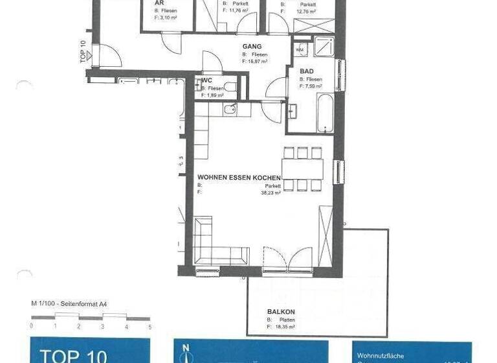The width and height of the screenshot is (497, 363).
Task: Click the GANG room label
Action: tap(252, 47)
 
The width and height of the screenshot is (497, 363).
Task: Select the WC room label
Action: tap(206, 80)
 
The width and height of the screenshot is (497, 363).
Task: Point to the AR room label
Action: tap(158, 3)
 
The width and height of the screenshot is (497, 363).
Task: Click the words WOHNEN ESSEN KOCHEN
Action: tap(239, 178)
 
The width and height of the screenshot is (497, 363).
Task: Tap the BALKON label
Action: tap(281, 312)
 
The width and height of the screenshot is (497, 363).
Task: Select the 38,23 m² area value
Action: tap(271, 193)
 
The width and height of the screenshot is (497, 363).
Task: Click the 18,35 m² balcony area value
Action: tap(283, 327)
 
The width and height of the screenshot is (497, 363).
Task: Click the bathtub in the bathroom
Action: tap(326, 114)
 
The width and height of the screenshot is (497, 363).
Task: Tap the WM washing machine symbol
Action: tap(301, 49)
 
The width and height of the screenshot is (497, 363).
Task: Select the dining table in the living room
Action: tap(302, 169)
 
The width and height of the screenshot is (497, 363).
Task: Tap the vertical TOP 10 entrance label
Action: tap(83, 51)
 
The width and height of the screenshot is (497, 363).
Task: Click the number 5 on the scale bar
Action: tap(149, 327)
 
